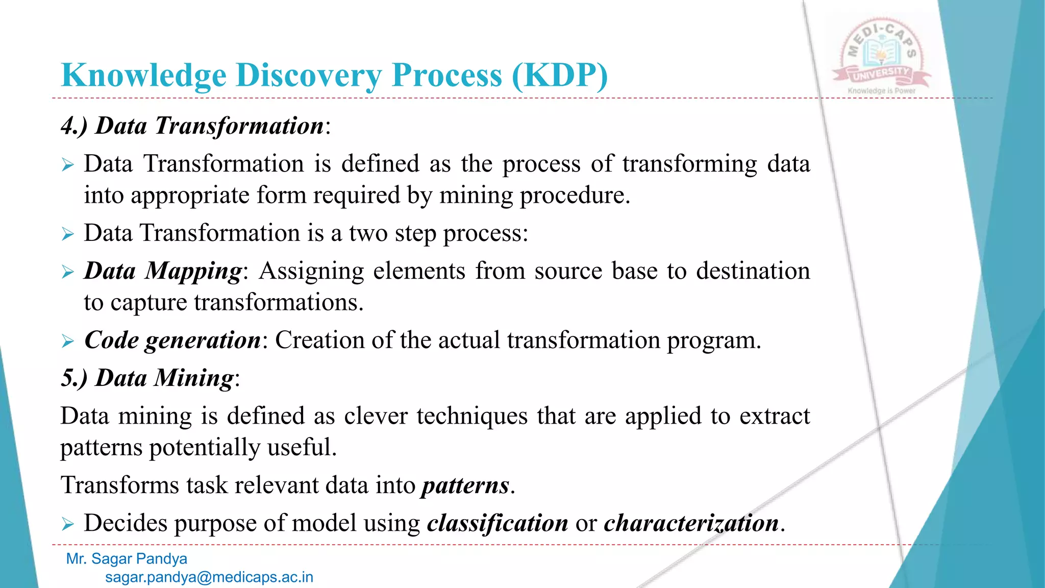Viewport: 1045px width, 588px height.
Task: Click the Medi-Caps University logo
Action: pyautogui.click(x=881, y=54)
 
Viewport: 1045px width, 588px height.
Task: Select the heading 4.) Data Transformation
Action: pyautogui.click(x=195, y=126)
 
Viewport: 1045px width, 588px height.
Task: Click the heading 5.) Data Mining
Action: pyautogui.click(x=150, y=378)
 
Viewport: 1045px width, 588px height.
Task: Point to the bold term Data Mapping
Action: pyautogui.click(x=163, y=271)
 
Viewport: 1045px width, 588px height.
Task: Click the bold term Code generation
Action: pyautogui.click(x=172, y=340)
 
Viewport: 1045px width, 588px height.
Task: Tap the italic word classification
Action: pyautogui.click(x=497, y=523)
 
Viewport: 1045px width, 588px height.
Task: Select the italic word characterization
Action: pyautogui.click(x=691, y=523)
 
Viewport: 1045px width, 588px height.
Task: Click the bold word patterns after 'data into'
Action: pyautogui.click(x=465, y=485)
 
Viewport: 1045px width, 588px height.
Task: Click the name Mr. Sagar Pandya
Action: pyautogui.click(x=127, y=559)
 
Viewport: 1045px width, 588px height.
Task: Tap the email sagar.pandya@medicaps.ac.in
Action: pyautogui.click(x=209, y=577)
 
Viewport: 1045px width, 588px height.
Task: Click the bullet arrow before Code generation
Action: pyautogui.click(x=68, y=341)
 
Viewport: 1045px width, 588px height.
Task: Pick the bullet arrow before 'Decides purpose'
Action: pyautogui.click(x=68, y=524)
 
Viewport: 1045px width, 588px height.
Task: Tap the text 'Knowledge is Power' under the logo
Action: pyautogui.click(x=881, y=91)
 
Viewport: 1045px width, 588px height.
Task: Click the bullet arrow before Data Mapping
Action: pyautogui.click(x=68, y=272)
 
